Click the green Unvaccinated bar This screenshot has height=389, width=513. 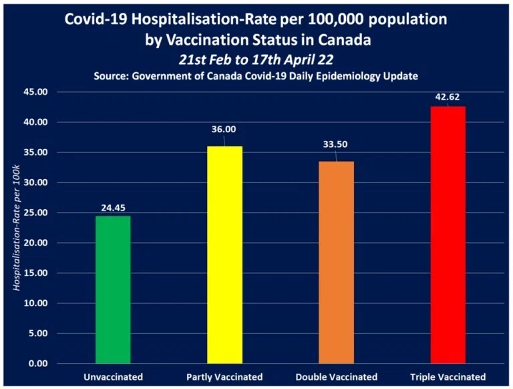[x=113, y=289]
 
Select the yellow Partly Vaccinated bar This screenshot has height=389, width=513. [x=224, y=255]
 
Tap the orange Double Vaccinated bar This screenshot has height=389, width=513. [x=337, y=262]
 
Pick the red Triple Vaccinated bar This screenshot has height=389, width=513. [x=448, y=235]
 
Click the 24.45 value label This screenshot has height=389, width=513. [x=113, y=208]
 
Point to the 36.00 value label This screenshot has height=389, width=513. [x=224, y=130]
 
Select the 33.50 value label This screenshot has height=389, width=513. [x=335, y=144]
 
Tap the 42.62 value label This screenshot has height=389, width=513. [x=448, y=97]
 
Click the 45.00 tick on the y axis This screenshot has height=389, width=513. [x=35, y=92]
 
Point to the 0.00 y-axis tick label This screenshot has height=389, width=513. [x=38, y=364]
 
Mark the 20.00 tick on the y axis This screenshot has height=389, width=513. [x=35, y=243]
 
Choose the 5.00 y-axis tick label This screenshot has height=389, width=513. [x=38, y=334]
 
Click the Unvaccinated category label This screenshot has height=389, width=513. [x=113, y=377]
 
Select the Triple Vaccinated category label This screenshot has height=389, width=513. [x=448, y=377]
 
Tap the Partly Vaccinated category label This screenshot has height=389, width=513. [x=224, y=377]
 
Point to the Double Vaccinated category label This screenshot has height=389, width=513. [x=337, y=377]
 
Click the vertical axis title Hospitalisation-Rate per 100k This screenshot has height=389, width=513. [x=16, y=228]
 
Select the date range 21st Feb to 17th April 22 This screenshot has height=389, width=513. [x=256, y=60]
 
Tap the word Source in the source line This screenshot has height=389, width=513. [x=111, y=76]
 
